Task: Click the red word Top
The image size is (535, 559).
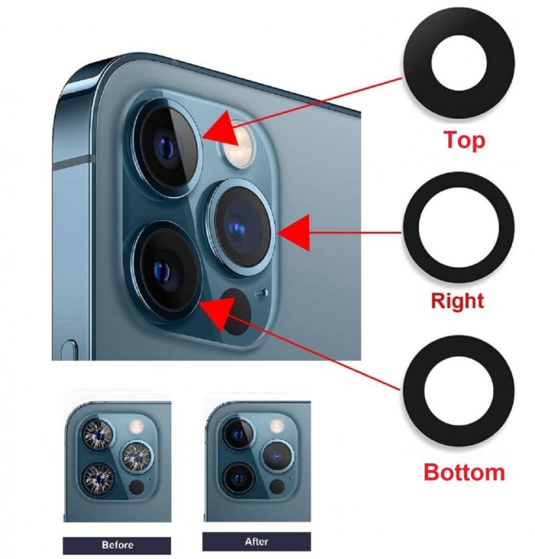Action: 465,141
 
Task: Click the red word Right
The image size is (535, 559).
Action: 457,301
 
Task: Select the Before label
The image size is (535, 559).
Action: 117,545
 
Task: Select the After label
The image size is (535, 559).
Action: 257,541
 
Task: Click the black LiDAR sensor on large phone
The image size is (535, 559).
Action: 236,311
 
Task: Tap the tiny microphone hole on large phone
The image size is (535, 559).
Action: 262,293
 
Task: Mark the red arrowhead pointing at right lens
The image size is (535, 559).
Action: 294,233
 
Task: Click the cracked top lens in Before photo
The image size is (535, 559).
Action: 98,434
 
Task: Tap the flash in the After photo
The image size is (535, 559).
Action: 276,425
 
